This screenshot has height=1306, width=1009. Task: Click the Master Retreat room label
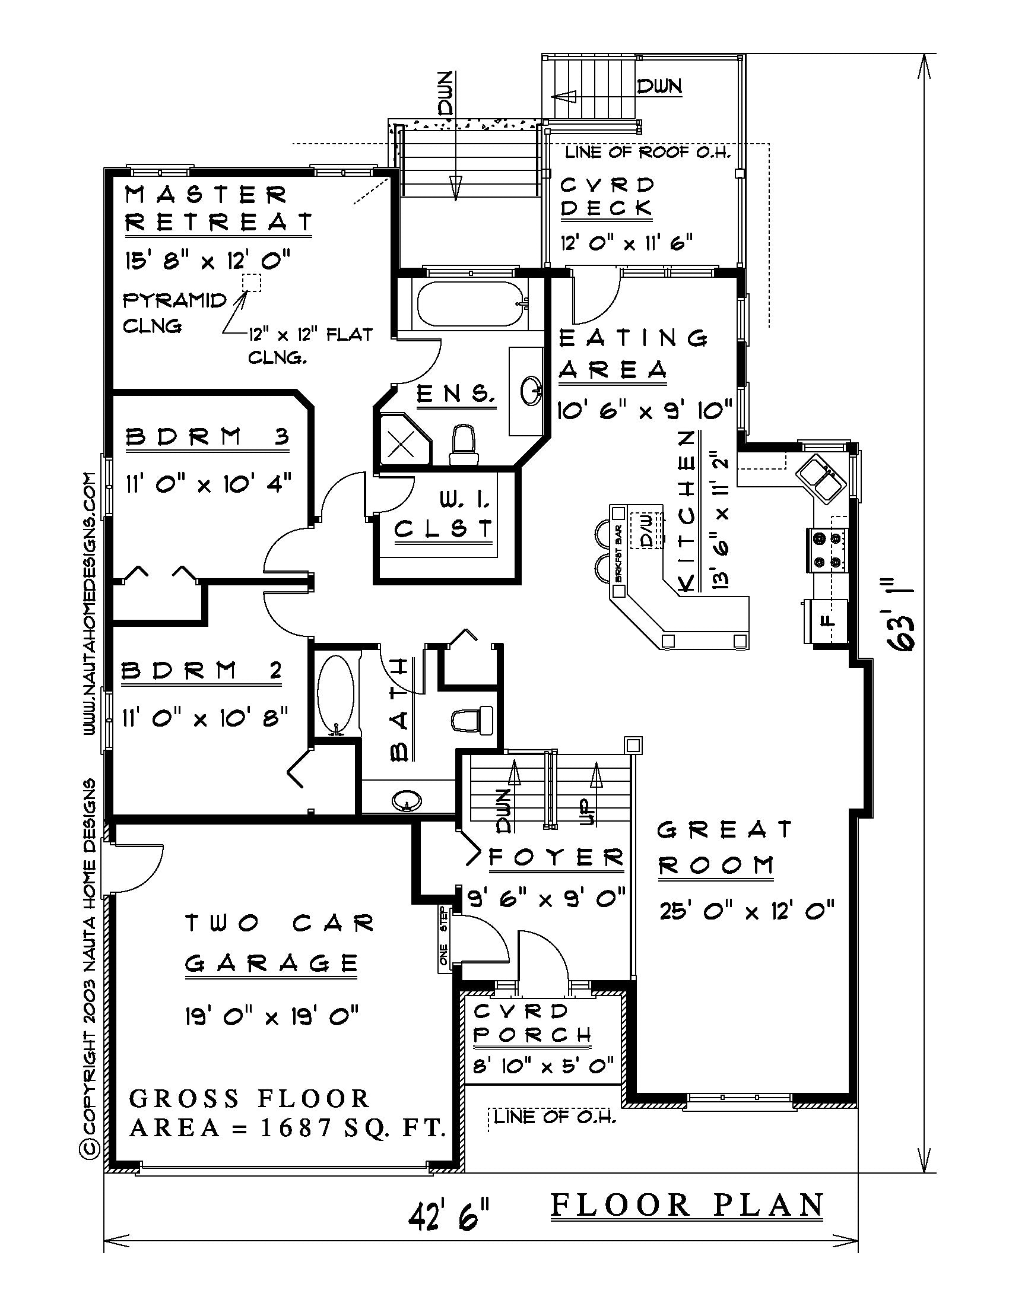click(218, 208)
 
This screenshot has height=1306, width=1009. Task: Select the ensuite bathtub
click(471, 305)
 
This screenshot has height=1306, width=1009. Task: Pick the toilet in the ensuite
click(465, 445)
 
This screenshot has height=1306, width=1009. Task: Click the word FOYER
click(556, 858)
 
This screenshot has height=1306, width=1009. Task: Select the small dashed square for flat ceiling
click(252, 283)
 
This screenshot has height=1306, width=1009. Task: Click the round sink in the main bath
click(407, 800)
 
